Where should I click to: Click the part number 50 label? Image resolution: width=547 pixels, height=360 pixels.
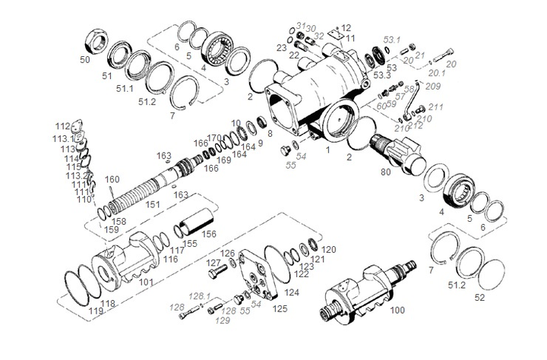(x=84, y=58)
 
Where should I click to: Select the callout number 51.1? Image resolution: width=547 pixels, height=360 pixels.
(x=125, y=89)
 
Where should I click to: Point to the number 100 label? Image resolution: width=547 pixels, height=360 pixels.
(x=397, y=311)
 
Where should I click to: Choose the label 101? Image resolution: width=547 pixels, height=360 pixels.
(x=147, y=282)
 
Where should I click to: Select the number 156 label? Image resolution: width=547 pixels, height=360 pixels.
(x=209, y=235)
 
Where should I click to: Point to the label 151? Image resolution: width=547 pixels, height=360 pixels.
(x=153, y=205)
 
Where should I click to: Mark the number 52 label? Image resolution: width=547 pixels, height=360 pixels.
(x=479, y=298)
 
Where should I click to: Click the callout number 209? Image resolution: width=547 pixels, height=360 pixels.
(x=432, y=86)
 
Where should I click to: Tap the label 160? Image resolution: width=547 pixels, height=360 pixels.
(x=112, y=180)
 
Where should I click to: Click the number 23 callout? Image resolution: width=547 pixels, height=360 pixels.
(x=282, y=48)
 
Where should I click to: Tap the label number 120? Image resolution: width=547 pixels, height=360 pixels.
(x=328, y=249)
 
